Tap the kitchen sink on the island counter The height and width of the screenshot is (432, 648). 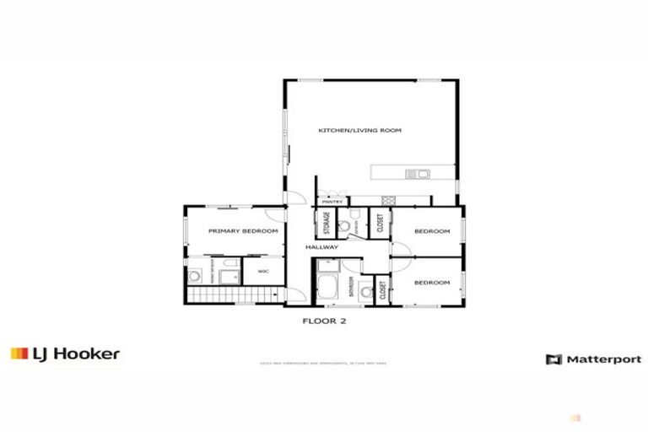click(x=418, y=175)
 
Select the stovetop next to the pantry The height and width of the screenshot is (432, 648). click(x=389, y=201)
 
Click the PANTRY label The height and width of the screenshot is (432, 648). click(x=332, y=202)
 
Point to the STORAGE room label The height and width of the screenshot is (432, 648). click(x=326, y=224)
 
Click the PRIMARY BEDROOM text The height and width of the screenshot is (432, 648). click(x=244, y=230)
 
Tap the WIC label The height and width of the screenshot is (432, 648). click(x=263, y=271)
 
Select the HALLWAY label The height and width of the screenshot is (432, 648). click(x=322, y=247)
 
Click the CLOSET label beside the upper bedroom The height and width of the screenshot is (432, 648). click(x=381, y=223)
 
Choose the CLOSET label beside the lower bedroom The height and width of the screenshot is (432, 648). click(x=382, y=291)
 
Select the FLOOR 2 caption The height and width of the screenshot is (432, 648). click(x=324, y=321)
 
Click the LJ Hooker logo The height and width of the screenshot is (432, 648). click(x=65, y=354)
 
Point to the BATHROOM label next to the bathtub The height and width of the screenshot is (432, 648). click(x=350, y=286)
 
